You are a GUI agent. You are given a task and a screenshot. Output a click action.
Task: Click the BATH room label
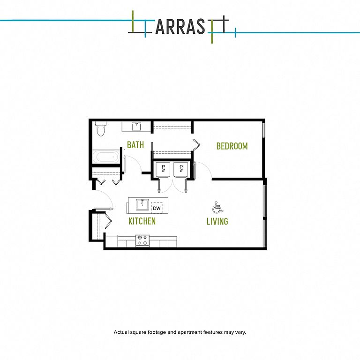pos(135,145)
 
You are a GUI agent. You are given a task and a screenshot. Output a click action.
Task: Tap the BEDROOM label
pos(232,146)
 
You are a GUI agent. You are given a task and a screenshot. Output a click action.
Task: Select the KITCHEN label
pos(142,221)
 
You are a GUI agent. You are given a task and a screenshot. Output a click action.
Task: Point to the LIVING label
pos(217,221)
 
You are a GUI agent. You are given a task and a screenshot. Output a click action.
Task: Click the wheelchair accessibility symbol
pos(217,207)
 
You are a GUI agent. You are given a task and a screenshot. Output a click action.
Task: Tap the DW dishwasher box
pos(157,208)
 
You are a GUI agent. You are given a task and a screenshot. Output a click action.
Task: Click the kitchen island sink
pos(142,204)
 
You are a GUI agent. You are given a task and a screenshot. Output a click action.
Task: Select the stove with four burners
pos(142,240)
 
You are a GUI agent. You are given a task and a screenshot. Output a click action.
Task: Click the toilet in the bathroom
pos(101,129)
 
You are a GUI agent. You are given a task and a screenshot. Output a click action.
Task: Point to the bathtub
pos(106,157)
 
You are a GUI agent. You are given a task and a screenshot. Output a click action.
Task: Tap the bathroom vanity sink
pos(136,127)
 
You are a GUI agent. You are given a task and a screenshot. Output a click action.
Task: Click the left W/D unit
pos(163,169)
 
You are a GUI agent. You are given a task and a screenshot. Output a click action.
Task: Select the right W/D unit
pos(181,169)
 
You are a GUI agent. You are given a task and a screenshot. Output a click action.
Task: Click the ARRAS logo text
pos(180,27)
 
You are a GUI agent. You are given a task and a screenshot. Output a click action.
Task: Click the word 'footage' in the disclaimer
pos(157,332)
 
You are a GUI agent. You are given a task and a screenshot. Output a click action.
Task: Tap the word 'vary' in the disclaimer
pos(241,332)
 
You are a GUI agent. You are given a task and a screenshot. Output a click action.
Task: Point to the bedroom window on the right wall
pos(264,130)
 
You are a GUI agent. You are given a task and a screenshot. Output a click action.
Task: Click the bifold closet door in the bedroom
pos(196,145)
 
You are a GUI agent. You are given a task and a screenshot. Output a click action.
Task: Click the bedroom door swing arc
pos(205,168)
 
